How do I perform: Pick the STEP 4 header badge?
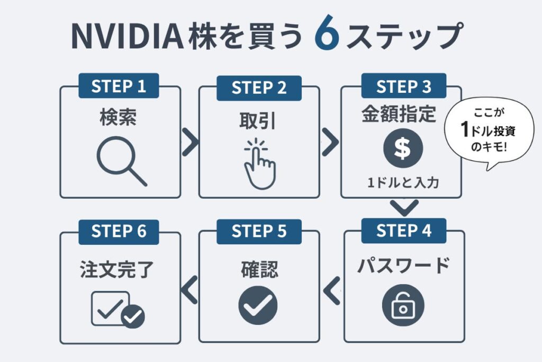(403, 231)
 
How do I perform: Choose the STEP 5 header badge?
(259, 231)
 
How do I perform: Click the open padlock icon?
(403, 306)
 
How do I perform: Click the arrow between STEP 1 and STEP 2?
(190, 142)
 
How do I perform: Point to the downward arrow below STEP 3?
(404, 208)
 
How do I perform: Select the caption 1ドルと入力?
(403, 183)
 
